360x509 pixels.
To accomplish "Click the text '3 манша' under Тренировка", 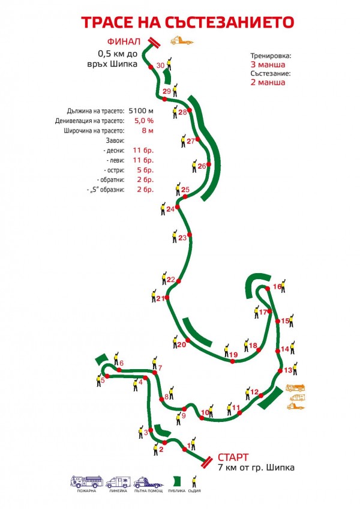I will (x=268, y=64).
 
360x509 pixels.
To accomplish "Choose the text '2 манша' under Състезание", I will (x=268, y=83).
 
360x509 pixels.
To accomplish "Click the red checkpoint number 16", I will (x=277, y=287).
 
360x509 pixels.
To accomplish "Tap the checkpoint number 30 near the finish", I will (x=160, y=65).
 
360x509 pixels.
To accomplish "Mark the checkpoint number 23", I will (x=182, y=238).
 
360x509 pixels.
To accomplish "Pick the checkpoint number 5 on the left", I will (x=102, y=380).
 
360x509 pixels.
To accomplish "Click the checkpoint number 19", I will (x=234, y=355).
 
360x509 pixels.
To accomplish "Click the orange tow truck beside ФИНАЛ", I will (x=182, y=41).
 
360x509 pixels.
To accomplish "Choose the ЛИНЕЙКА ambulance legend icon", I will (x=117, y=482).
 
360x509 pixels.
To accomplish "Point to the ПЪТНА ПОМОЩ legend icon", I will (x=147, y=482).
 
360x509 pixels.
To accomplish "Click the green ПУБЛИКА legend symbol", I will (x=177, y=481).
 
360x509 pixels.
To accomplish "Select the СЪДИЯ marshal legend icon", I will (x=194, y=481).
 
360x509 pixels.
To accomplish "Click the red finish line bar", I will (x=152, y=41).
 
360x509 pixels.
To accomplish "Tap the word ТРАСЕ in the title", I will (x=109, y=22).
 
